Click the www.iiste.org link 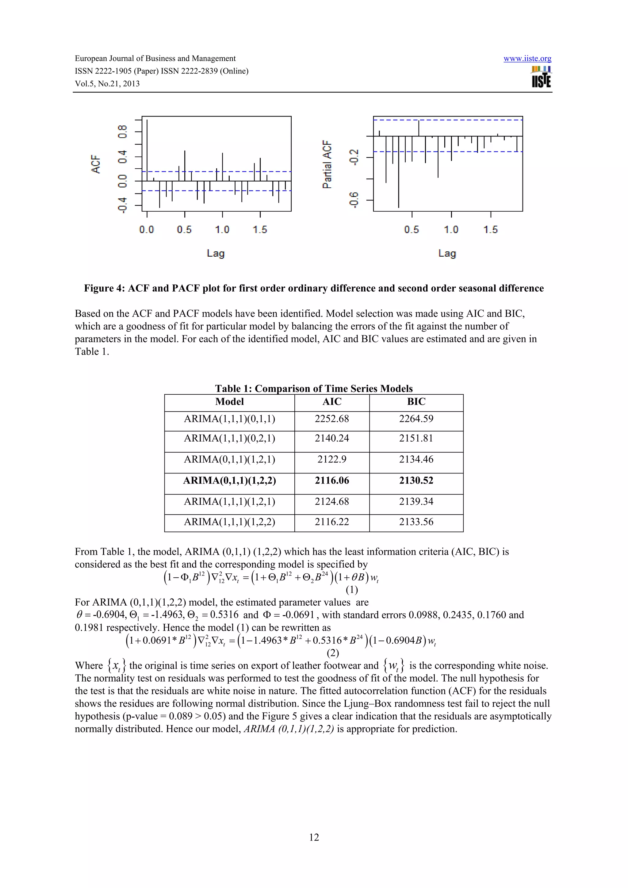click(x=527, y=59)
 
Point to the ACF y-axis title click(x=95, y=164)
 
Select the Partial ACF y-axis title click(x=327, y=164)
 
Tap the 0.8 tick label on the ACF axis click(x=123, y=132)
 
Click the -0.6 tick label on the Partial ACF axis click(x=354, y=200)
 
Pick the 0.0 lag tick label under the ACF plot click(x=147, y=230)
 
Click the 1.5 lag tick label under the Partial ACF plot click(x=490, y=230)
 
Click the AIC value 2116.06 click(x=332, y=481)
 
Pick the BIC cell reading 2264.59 click(x=416, y=419)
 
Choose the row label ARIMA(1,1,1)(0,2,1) click(x=229, y=438)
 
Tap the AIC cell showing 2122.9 click(x=332, y=459)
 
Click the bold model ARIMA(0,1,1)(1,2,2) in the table click(x=229, y=481)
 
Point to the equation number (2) click(x=333, y=653)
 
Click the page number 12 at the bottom click(x=314, y=837)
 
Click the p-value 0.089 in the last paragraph click(x=180, y=716)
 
